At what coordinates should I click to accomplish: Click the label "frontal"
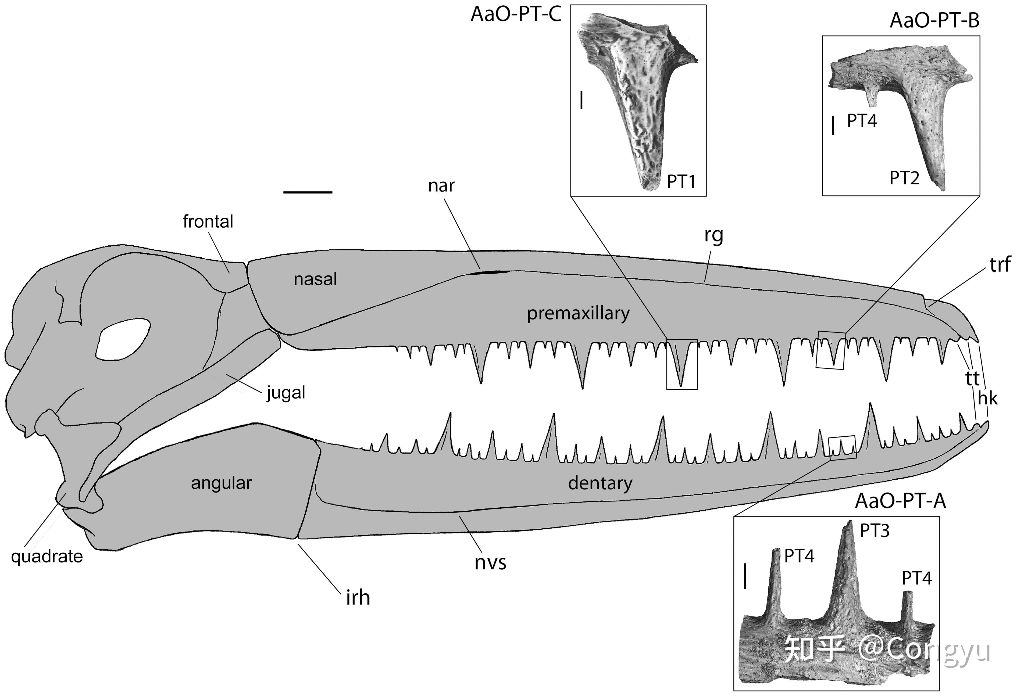[208, 222]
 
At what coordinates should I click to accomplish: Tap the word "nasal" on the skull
[315, 279]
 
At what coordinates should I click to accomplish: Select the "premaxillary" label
[578, 313]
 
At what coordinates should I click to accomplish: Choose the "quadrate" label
[47, 557]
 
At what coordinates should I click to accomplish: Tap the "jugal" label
[286, 393]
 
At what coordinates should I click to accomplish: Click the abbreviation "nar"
[441, 186]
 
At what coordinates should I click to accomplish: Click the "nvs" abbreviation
[490, 562]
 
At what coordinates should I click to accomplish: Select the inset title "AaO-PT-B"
[934, 21]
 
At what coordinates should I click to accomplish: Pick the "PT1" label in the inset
[681, 181]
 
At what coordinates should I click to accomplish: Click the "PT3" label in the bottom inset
[874, 531]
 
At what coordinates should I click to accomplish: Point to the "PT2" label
[904, 178]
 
